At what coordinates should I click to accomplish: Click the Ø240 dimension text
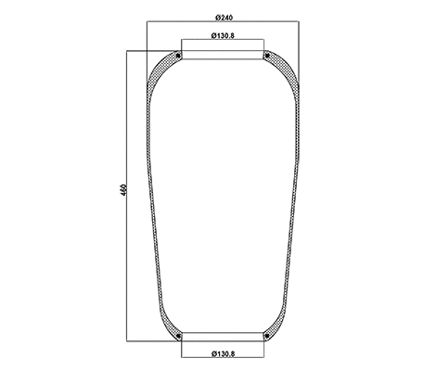tap(223, 19)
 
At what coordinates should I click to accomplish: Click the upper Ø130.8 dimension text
tap(223, 36)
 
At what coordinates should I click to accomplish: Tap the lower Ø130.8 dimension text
tap(223, 353)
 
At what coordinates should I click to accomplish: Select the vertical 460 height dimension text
tap(123, 190)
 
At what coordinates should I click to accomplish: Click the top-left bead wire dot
tap(179, 58)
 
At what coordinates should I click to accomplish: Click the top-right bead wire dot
tap(267, 58)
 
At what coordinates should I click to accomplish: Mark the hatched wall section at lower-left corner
tap(165, 325)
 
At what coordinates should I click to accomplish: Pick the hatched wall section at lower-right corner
tap(281, 325)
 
